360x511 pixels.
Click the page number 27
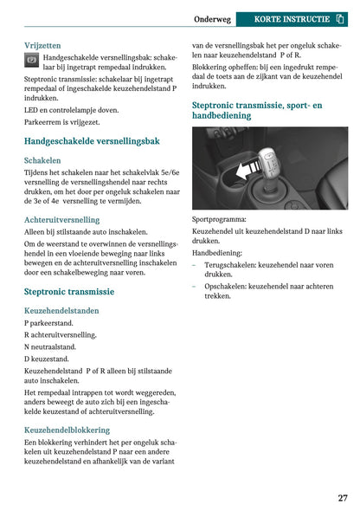[343, 498]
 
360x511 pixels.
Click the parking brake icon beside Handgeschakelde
[31, 61]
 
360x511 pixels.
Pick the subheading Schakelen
[42, 160]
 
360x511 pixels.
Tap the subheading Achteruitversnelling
[61, 220]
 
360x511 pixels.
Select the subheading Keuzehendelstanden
[61, 310]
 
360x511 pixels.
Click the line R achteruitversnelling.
[61, 334]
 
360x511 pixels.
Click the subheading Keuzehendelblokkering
[67, 430]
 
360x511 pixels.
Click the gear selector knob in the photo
[270, 160]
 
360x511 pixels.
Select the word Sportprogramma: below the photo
[219, 220]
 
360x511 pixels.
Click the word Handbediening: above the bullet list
[217, 253]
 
